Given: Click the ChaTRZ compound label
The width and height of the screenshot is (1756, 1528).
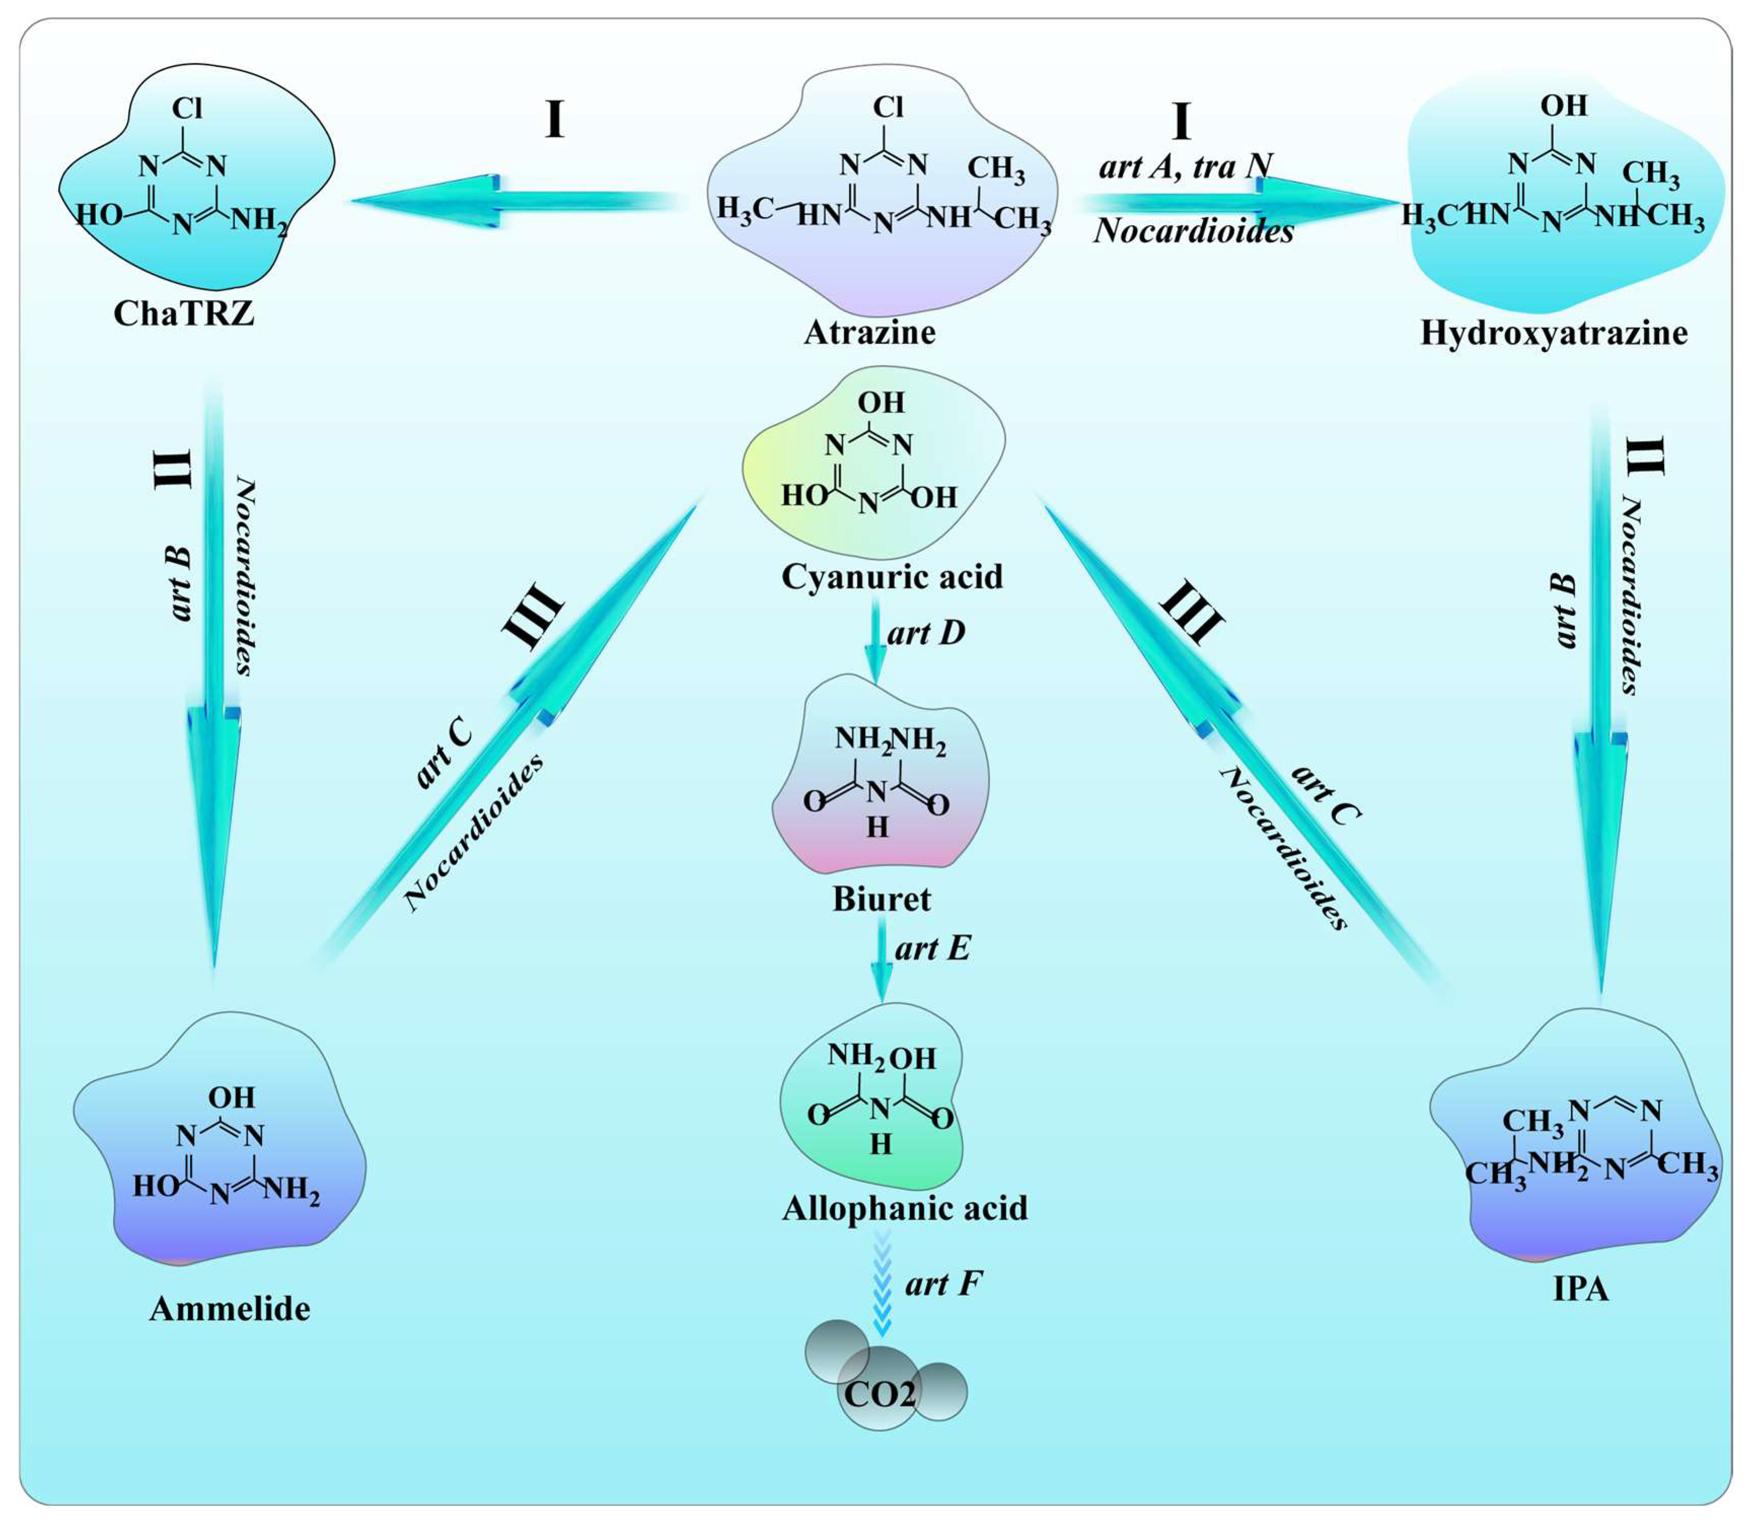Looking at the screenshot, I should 184,314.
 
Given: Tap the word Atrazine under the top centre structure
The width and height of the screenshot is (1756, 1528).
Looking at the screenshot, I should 870,332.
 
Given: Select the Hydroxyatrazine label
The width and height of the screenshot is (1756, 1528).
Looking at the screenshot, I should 1553,333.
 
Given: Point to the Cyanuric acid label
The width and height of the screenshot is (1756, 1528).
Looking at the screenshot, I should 891,576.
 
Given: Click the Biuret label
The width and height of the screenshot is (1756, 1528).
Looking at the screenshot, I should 881,899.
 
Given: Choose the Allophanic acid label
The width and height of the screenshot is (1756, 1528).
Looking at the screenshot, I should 905,1208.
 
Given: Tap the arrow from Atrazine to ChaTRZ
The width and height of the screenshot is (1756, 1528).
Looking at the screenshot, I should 511,201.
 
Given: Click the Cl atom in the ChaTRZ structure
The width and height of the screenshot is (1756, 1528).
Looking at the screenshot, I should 186,108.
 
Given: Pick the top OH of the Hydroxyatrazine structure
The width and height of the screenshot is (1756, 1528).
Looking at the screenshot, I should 1563,106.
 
